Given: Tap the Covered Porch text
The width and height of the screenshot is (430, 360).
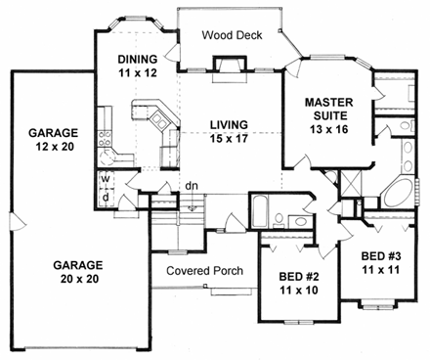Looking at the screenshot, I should click(x=203, y=270).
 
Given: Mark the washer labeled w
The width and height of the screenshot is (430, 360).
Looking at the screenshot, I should click(x=105, y=179).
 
